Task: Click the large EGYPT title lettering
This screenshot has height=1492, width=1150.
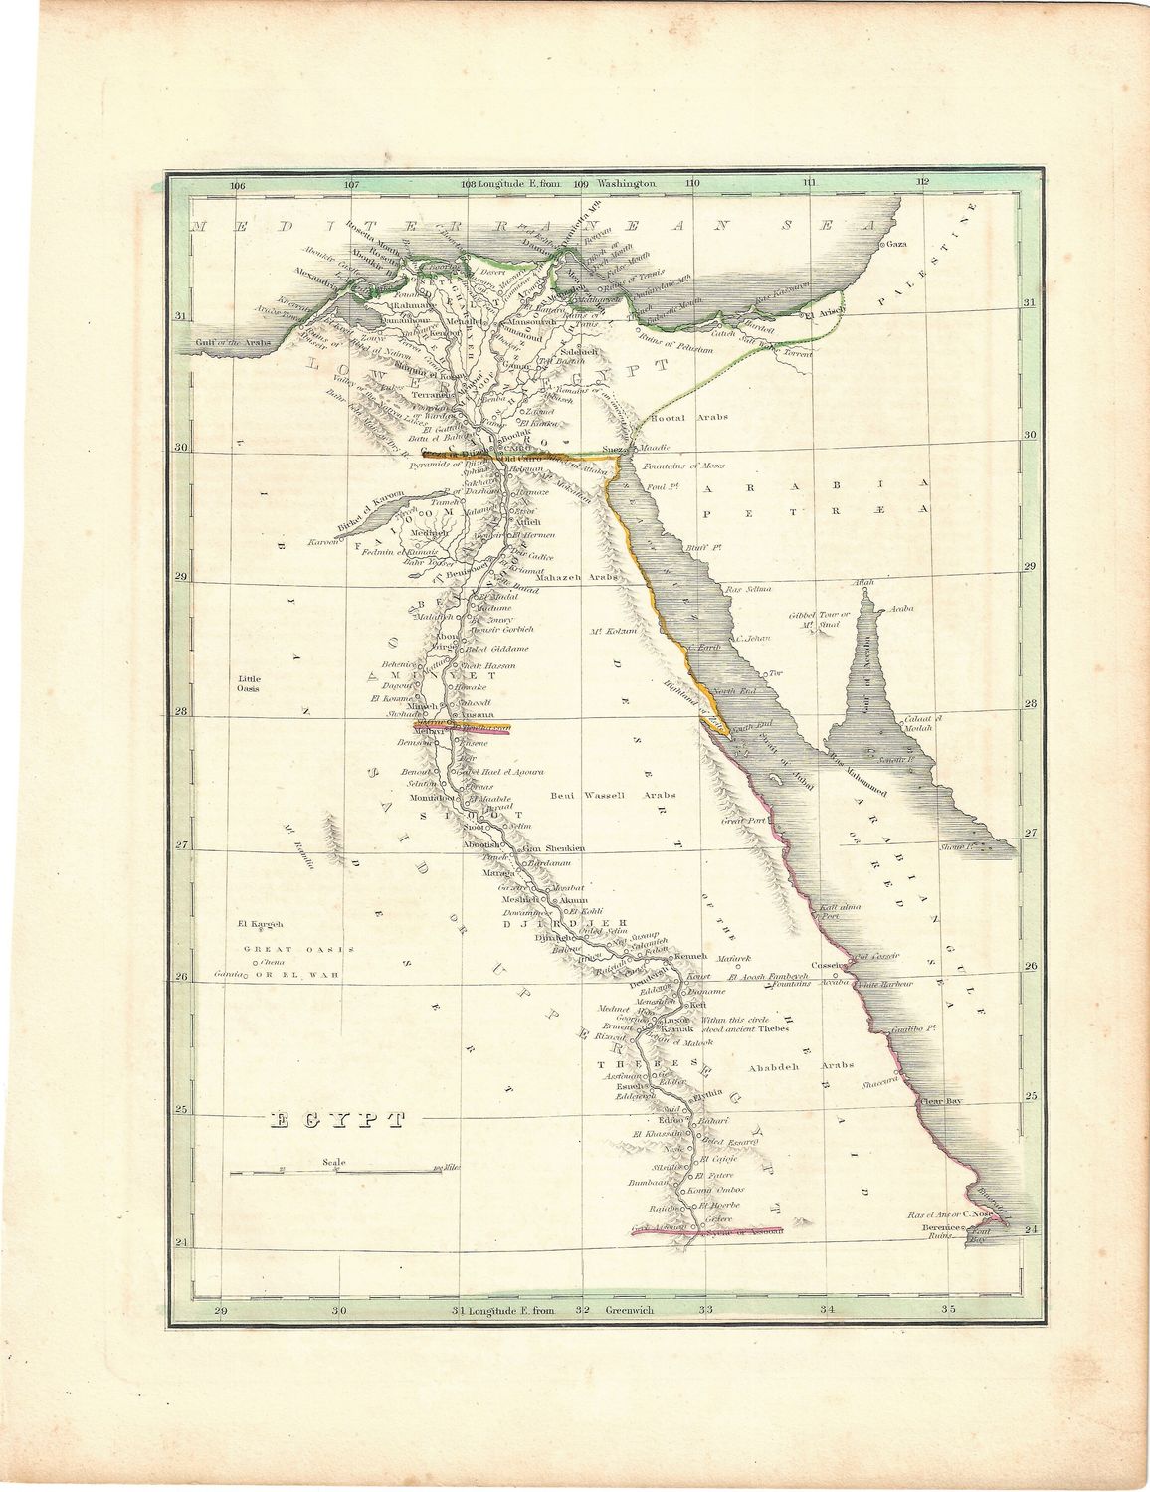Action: (x=338, y=1120)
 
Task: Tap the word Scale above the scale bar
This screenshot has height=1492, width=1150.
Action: (x=335, y=1161)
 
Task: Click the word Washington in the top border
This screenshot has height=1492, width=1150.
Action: (x=627, y=184)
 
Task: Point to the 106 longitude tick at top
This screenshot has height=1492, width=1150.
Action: (x=237, y=184)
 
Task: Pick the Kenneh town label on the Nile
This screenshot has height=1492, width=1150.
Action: (x=689, y=957)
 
